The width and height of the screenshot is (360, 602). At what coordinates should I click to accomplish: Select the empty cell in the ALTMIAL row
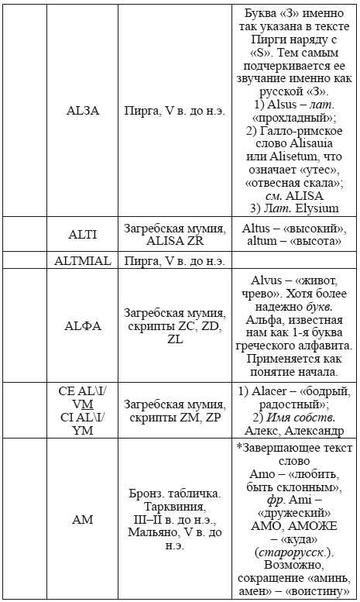point(294,260)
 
